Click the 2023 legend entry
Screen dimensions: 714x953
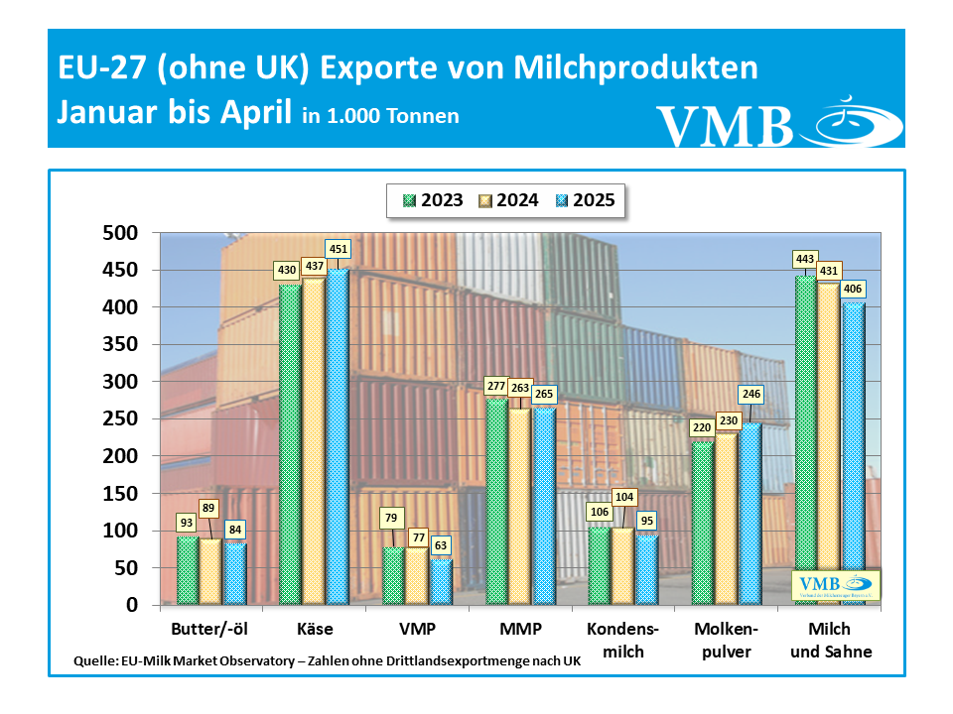click(433, 200)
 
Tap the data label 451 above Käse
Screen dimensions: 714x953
click(339, 249)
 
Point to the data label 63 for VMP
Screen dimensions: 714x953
click(439, 543)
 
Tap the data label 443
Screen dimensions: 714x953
click(805, 259)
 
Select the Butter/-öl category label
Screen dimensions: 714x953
click(210, 629)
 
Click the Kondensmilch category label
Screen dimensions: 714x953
click(622, 640)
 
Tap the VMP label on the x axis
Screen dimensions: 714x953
click(416, 629)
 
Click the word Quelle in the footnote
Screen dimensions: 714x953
click(96, 660)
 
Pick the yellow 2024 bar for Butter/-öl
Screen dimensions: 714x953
click(210, 570)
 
